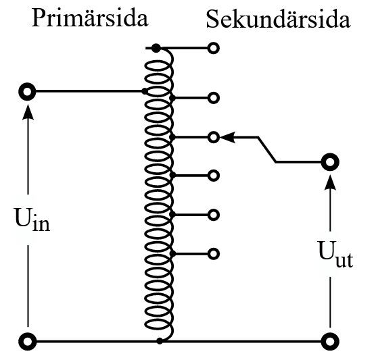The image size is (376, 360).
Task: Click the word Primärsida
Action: coord(90,18)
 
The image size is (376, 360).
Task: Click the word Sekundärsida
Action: coord(278,19)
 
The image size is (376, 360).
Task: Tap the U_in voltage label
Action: coord(32,220)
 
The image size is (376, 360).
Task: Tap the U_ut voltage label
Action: coord(335,254)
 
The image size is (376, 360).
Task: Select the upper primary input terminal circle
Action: coord(27,91)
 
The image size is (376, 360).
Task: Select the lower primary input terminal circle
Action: coord(28,341)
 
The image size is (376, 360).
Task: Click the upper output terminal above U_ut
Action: coord(330,162)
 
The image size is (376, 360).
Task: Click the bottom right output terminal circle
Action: coord(330,341)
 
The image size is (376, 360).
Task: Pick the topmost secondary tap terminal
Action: coord(214,48)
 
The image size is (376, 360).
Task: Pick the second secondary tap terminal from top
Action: coord(214,98)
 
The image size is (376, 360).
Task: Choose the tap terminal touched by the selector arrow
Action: coord(214,138)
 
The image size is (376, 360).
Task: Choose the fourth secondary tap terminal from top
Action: coord(214,176)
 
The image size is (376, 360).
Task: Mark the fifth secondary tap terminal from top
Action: coord(214,215)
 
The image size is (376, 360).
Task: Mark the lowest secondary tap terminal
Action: coord(214,254)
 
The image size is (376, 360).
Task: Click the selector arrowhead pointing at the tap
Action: coord(227,137)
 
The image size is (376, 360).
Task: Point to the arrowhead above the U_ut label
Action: coord(330,182)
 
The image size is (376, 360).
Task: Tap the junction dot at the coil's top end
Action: coord(156,48)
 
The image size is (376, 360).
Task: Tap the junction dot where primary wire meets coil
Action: coord(144,91)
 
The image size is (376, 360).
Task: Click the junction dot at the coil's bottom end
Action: coord(160,341)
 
